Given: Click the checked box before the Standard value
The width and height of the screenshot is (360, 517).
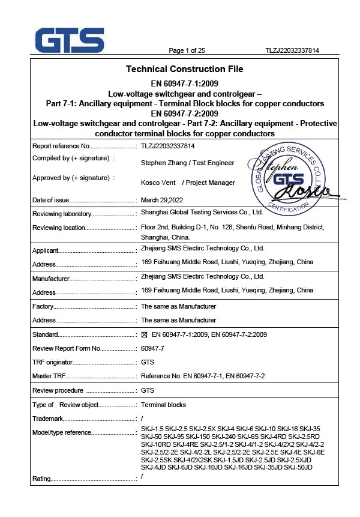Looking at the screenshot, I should [144, 334].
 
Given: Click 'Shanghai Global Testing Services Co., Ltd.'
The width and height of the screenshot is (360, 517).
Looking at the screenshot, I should [202, 213].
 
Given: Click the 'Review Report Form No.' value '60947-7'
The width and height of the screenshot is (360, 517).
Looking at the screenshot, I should [151, 348].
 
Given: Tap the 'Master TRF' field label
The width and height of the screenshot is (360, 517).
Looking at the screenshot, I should [49, 376].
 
